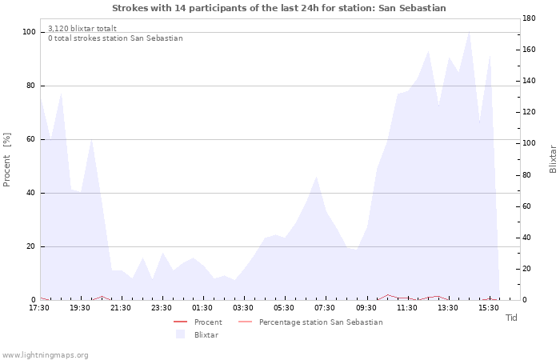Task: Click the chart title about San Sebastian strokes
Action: pyautogui.click(x=279, y=8)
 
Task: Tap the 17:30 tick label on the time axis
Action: pyautogui.click(x=39, y=308)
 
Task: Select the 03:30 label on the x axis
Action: pyautogui.click(x=243, y=308)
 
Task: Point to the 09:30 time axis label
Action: pyautogui.click(x=366, y=308)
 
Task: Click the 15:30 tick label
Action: pyautogui.click(x=489, y=308)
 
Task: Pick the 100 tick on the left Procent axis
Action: pyautogui.click(x=29, y=32)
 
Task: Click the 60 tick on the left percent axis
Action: pyautogui.click(x=30, y=139)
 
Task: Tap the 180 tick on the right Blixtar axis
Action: pyautogui.click(x=529, y=18)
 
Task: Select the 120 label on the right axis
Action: pyautogui.click(x=529, y=112)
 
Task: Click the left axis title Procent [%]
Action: pyautogui.click(x=6, y=160)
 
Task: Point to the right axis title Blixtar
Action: pyautogui.click(x=553, y=159)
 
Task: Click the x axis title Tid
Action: pyautogui.click(x=511, y=318)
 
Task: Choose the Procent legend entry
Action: pyautogui.click(x=198, y=322)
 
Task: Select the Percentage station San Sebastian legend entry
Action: pyautogui.click(x=310, y=322)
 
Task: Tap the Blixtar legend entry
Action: pyautogui.click(x=197, y=334)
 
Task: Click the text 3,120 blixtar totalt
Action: pyautogui.click(x=82, y=29)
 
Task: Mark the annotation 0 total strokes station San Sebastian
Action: pyautogui.click(x=115, y=38)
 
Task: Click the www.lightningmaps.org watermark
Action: pyautogui.click(x=45, y=355)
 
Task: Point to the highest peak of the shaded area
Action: pyautogui.click(x=469, y=32)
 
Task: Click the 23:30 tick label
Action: pyautogui.click(x=162, y=308)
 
